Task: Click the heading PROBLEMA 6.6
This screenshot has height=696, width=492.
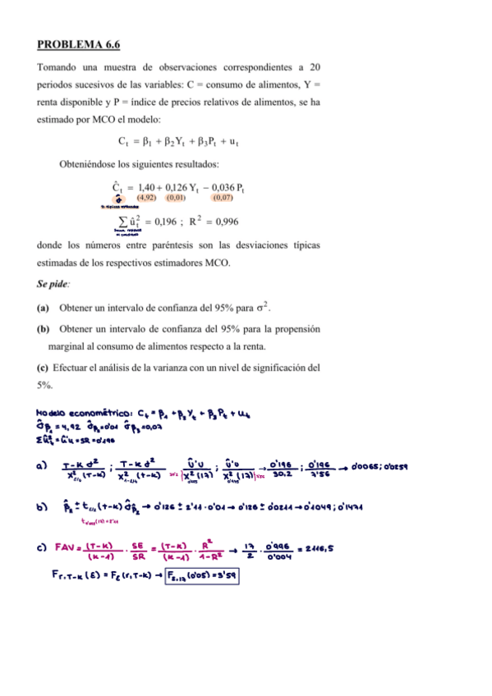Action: click(79, 43)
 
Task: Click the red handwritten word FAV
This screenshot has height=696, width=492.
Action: click(67, 545)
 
